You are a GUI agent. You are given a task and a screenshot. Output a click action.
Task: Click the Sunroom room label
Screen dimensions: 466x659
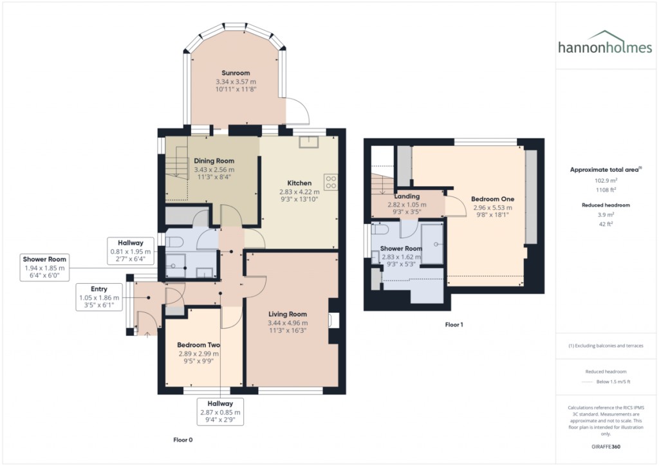[x=236, y=73]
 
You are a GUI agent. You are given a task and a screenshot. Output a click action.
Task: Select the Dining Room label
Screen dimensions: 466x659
[x=214, y=161]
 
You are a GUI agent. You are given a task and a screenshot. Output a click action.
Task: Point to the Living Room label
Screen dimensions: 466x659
[x=288, y=314]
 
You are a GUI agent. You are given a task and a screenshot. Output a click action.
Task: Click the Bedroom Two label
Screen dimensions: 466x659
[x=198, y=345]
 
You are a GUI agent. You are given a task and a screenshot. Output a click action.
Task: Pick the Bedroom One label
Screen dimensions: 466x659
[x=492, y=199]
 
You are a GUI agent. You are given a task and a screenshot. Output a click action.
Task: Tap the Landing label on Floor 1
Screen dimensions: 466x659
[x=407, y=196]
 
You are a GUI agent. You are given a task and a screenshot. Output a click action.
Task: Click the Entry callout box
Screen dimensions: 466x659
[x=99, y=297]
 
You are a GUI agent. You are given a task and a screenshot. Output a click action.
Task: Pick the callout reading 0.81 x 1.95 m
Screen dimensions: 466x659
[x=131, y=251]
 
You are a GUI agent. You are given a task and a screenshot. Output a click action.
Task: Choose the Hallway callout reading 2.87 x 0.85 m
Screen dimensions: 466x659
[x=220, y=412]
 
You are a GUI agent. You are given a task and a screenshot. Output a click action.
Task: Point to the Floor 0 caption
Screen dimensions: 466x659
[x=183, y=440]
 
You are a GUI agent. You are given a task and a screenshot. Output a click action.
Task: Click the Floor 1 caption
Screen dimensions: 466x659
[x=454, y=325]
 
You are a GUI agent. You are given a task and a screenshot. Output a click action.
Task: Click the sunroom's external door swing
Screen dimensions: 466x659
[x=297, y=112]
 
